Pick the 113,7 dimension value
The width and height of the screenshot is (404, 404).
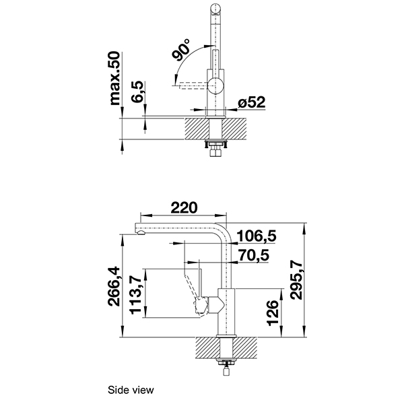coord(136,294)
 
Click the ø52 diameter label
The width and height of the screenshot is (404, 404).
coord(252,103)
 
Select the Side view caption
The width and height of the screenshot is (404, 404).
coord(131,389)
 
